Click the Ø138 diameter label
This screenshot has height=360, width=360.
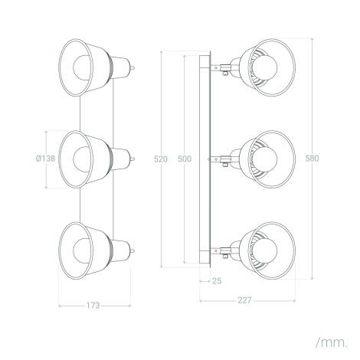click(x=45, y=159)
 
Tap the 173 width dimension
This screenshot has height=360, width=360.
click(x=93, y=306)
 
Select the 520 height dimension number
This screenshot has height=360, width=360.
click(x=161, y=159)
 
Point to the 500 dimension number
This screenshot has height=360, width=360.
click(x=185, y=159)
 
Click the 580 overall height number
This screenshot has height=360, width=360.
click(x=312, y=159)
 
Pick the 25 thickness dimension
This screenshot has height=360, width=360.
click(x=217, y=281)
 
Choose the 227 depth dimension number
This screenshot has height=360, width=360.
click(x=244, y=300)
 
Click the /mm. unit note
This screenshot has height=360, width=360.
click(x=332, y=342)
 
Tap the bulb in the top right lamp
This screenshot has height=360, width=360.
click(x=265, y=67)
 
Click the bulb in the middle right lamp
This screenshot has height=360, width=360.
click(x=265, y=159)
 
